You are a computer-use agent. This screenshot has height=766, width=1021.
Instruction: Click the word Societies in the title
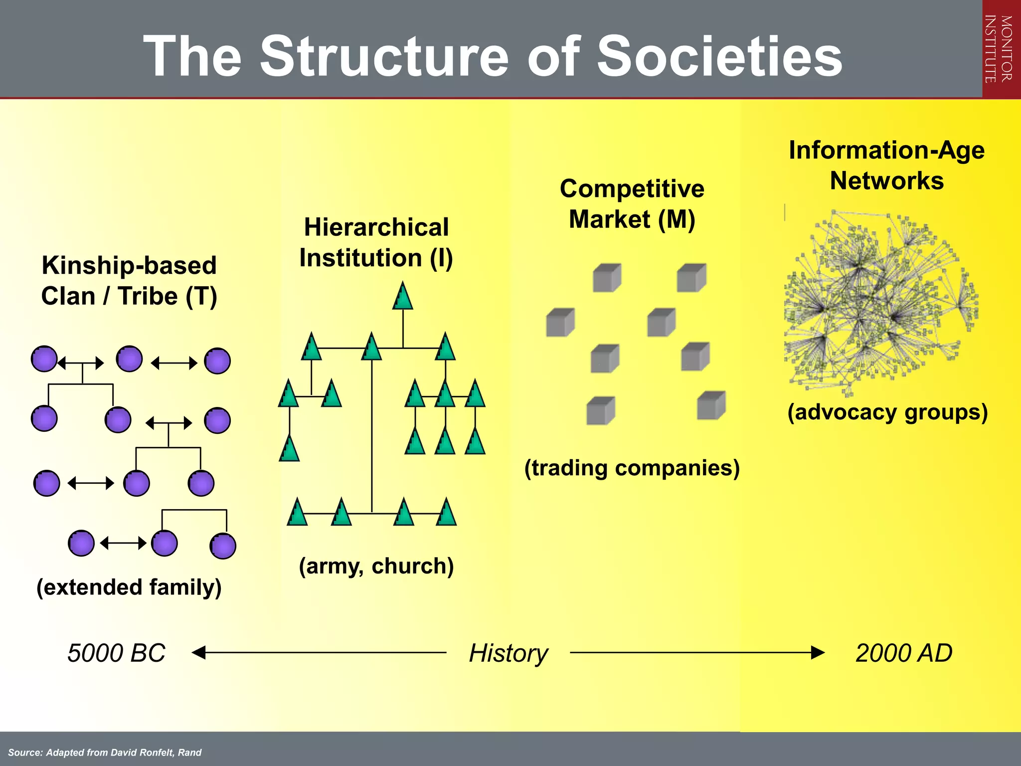[x=719, y=56]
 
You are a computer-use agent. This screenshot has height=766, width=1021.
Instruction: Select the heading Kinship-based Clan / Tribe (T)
[x=129, y=281]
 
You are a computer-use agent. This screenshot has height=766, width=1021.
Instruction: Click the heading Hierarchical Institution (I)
[x=376, y=243]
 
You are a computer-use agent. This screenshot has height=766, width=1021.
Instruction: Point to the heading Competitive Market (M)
[x=632, y=204]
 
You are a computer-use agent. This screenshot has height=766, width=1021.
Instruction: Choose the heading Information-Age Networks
[x=886, y=165]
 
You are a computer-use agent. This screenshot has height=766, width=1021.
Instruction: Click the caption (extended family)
[x=129, y=587]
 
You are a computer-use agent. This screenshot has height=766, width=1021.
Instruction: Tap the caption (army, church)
[x=376, y=566]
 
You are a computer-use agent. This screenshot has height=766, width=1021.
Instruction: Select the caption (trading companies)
[x=632, y=468]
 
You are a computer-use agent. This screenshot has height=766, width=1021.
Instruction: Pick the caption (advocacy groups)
[x=887, y=412]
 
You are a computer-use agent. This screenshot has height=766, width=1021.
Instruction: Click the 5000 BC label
[x=116, y=653]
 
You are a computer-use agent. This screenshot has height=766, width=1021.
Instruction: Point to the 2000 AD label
[x=903, y=653]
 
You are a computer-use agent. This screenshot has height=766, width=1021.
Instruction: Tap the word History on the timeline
[x=508, y=653]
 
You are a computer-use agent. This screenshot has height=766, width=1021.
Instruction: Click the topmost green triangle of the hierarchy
[x=403, y=297]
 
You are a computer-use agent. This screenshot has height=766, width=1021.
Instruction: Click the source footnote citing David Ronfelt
[x=105, y=753]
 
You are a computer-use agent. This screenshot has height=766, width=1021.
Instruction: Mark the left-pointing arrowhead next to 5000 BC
[x=199, y=652]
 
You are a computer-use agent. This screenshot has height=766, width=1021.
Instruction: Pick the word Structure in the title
[x=384, y=56]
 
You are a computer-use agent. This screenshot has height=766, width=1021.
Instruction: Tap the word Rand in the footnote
[x=190, y=753]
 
